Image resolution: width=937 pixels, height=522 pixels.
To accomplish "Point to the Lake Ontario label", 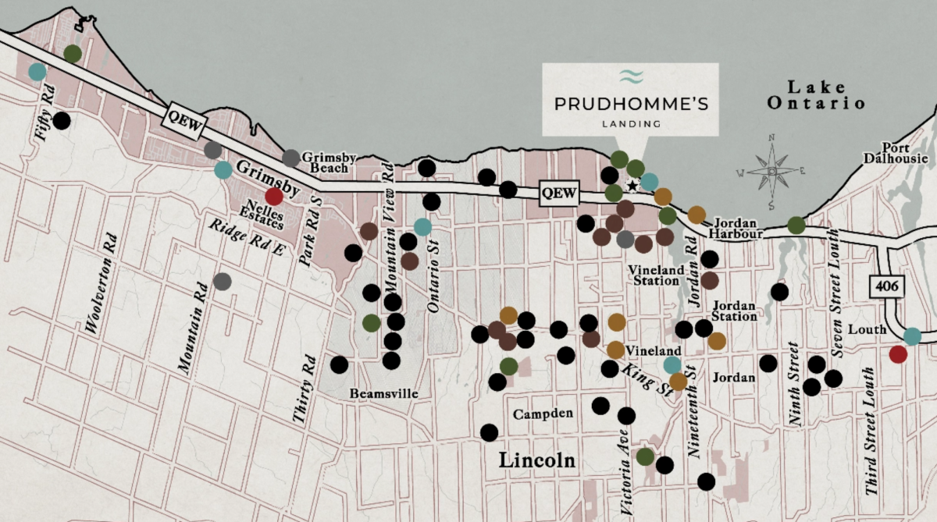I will pyautogui.click(x=816, y=94).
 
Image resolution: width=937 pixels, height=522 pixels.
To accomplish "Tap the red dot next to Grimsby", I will pyautogui.click(x=274, y=197).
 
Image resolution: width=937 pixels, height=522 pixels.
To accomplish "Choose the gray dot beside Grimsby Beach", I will pyautogui.click(x=290, y=158).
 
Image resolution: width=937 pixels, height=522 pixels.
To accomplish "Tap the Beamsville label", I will pyautogui.click(x=384, y=394).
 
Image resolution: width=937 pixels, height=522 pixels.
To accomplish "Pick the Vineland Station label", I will pyautogui.click(x=655, y=275).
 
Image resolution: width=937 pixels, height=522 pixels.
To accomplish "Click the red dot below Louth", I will pyautogui.click(x=898, y=354).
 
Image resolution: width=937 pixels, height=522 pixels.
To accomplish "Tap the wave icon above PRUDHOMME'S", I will pyautogui.click(x=630, y=76).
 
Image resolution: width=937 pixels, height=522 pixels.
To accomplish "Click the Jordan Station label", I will pyautogui.click(x=735, y=311).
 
